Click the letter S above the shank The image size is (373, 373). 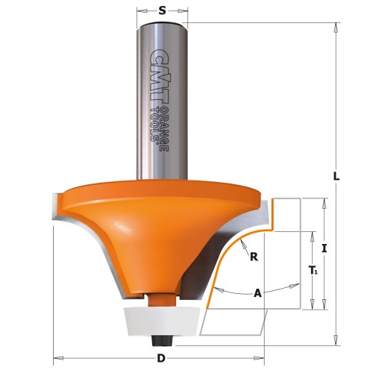[162, 10]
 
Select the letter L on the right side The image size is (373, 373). [336, 177]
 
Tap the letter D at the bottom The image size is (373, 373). [160, 359]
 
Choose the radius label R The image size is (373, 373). [254, 257]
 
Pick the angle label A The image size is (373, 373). [258, 292]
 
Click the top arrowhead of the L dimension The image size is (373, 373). [336, 25]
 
